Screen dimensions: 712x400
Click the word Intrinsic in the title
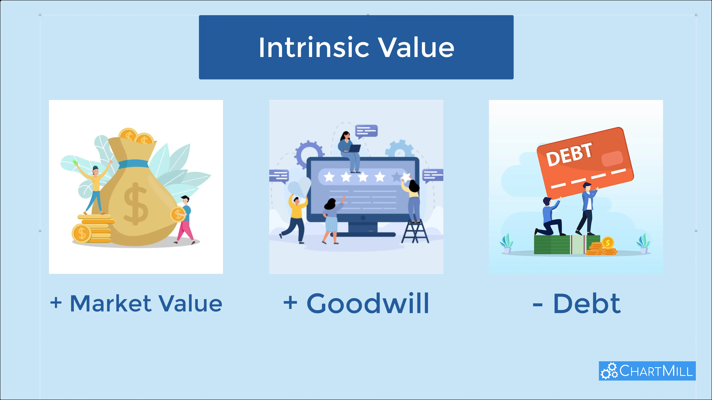[314, 47]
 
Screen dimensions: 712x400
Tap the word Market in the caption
[111, 303]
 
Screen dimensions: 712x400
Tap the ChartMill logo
[647, 371]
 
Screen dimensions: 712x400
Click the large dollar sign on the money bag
[136, 204]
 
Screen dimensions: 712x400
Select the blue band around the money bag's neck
[133, 164]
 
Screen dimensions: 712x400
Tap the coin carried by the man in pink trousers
[178, 214]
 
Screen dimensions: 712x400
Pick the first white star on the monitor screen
[329, 177]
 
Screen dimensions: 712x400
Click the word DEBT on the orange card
[569, 155]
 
